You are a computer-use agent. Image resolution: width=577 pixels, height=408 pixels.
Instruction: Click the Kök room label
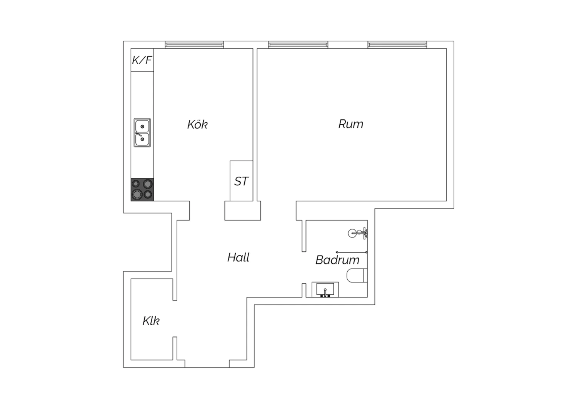tap(197, 124)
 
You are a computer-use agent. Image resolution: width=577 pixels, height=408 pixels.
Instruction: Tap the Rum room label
tap(350, 124)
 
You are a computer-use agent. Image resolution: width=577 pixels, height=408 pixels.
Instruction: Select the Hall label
tap(238, 257)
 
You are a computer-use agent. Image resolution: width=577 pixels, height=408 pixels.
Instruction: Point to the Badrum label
tap(337, 260)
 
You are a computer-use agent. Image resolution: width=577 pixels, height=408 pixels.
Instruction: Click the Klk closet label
tap(151, 321)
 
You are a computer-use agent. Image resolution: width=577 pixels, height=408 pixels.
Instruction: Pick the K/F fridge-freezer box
tap(142, 60)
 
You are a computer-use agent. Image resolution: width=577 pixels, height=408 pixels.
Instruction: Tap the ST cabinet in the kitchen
tap(241, 181)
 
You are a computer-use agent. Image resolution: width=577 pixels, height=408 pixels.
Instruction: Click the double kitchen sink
tap(142, 133)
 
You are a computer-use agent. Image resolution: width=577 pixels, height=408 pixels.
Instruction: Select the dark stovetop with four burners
tap(142, 189)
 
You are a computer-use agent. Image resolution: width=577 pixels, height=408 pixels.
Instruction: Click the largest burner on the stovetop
tap(137, 194)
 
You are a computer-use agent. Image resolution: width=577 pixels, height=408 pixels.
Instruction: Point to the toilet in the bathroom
tap(357, 275)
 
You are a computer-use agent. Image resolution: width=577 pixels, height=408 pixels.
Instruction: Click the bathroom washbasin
tap(325, 289)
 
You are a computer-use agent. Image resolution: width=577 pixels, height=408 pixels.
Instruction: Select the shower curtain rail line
tap(352, 252)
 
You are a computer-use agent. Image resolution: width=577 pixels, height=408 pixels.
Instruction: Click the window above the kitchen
tap(195, 45)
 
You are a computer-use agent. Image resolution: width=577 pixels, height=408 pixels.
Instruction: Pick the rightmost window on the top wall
tap(397, 45)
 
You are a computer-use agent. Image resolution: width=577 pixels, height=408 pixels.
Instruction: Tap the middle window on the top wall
tap(298, 45)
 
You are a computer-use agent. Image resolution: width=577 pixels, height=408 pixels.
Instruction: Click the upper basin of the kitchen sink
tap(142, 126)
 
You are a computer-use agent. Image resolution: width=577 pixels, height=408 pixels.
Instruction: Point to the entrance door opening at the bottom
tap(207, 364)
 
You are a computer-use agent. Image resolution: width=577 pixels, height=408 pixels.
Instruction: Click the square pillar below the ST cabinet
tap(243, 211)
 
